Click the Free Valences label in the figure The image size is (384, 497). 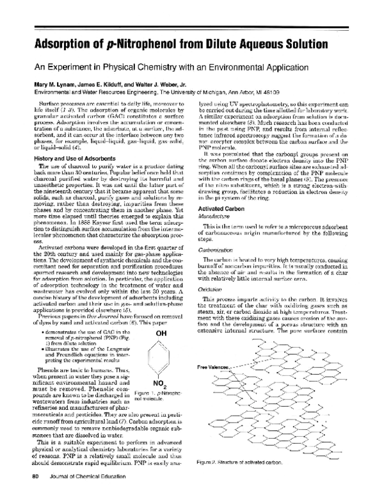[214, 348]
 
